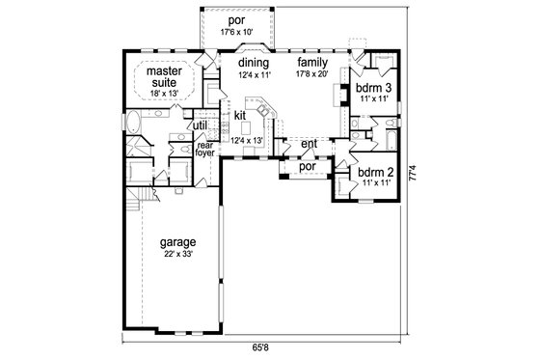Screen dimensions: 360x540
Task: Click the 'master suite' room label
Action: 166,76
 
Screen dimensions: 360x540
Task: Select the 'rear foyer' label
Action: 206,150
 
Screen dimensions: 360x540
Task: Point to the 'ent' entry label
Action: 310,145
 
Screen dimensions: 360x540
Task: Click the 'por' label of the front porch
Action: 308,165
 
